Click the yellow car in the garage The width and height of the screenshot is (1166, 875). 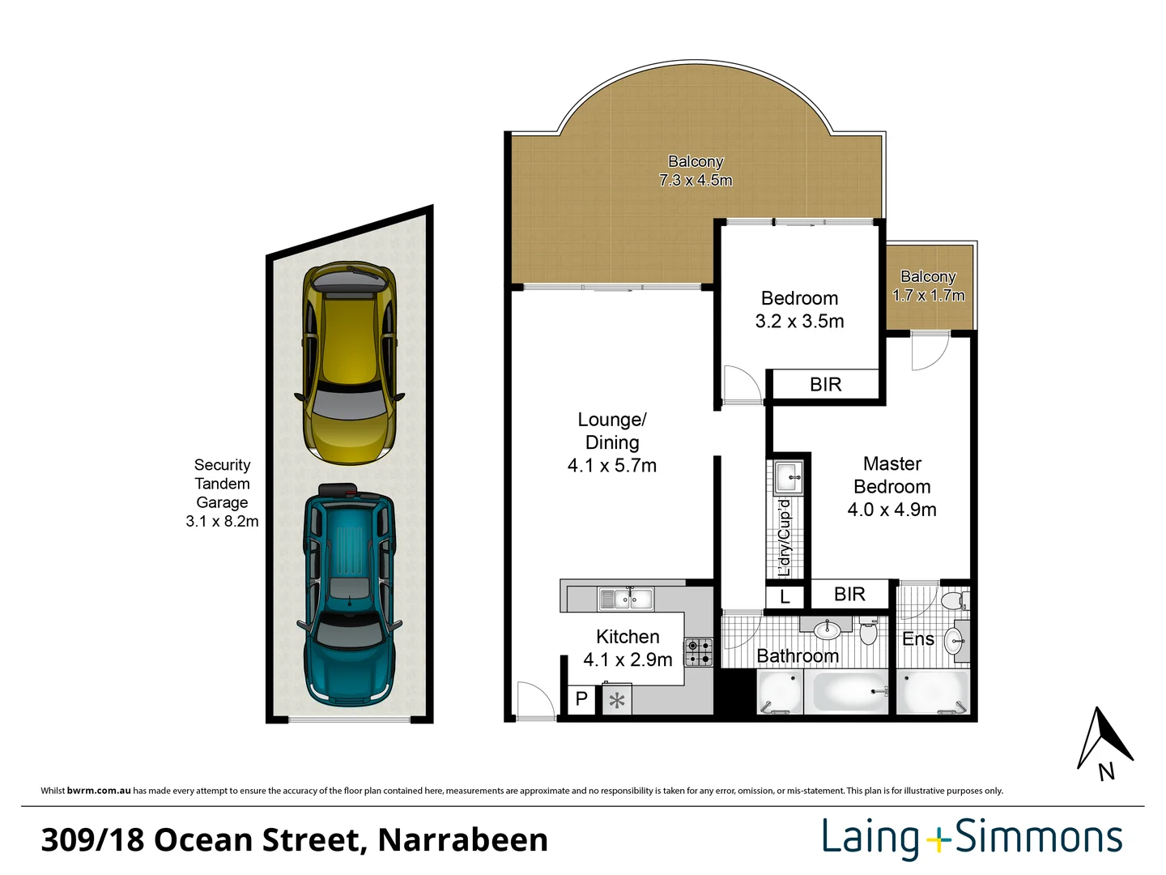tap(349, 364)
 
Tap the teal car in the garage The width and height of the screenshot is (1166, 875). tap(349, 595)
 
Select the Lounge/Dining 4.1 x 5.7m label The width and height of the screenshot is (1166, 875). tap(612, 442)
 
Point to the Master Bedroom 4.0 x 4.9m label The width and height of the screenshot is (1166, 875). tap(892, 487)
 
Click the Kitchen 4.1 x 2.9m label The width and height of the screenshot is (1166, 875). tap(628, 648)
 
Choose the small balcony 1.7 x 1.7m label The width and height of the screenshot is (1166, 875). tap(929, 286)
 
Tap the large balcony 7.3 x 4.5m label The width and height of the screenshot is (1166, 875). tap(696, 170)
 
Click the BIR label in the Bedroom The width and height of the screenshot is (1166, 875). tap(825, 384)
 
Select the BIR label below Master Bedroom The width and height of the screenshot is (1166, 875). tap(849, 594)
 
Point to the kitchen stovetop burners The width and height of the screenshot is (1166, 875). tap(699, 652)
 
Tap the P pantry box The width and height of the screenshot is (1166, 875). tap(582, 698)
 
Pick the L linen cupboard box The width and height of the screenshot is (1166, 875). tap(785, 597)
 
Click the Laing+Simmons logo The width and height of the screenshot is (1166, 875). tap(972, 839)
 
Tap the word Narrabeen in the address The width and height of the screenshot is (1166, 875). tap(462, 840)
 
